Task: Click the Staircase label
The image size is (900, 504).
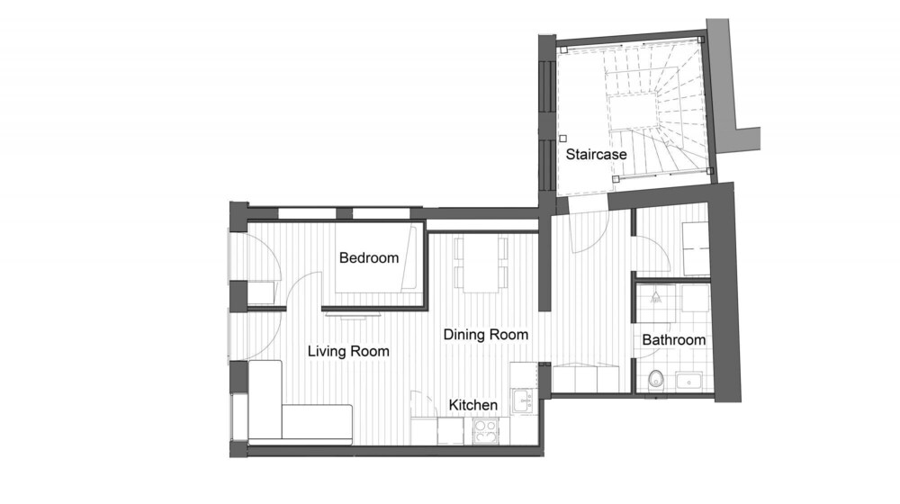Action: click(596, 155)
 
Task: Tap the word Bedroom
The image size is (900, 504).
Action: click(368, 258)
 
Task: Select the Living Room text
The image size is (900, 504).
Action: click(347, 351)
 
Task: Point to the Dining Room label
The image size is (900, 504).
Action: click(486, 335)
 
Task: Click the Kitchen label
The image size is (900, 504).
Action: click(473, 405)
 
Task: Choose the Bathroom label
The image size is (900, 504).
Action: click(674, 340)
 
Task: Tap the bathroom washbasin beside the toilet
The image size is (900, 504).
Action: click(688, 381)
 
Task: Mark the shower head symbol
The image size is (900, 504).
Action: click(655, 297)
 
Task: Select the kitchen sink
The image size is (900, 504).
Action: click(524, 400)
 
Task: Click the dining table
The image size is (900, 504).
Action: click(481, 264)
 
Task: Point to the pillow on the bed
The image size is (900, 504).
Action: click(409, 258)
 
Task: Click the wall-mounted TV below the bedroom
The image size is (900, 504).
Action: click(353, 314)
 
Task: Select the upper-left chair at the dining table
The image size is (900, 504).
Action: click(459, 248)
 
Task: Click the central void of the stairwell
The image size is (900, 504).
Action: click(632, 112)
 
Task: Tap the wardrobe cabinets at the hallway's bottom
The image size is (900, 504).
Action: click(585, 378)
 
